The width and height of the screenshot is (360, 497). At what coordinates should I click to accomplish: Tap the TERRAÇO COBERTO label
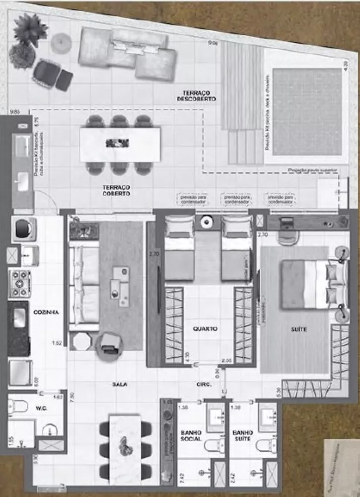click(x=116, y=190)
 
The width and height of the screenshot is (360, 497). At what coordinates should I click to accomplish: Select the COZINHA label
click(x=47, y=313)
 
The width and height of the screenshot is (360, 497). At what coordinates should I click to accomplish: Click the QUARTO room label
click(x=206, y=329)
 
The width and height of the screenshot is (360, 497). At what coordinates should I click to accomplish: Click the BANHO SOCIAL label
click(x=191, y=436)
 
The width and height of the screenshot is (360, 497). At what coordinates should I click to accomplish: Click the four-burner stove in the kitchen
click(x=19, y=284)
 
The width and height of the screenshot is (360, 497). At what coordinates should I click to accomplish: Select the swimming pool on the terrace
click(x=307, y=112)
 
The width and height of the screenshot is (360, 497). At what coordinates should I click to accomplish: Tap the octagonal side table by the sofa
click(x=80, y=341)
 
